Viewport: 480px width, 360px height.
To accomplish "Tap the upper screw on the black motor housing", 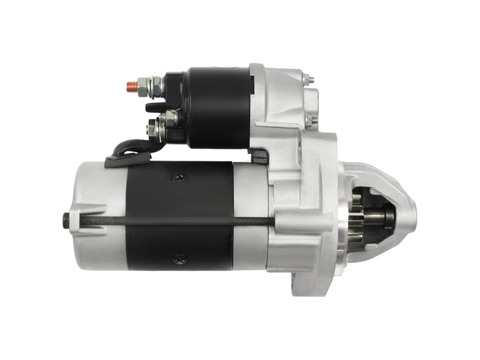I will point(180,178).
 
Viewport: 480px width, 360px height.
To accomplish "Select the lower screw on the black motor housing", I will point(180,259).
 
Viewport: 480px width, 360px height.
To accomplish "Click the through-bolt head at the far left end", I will point(66,220).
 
